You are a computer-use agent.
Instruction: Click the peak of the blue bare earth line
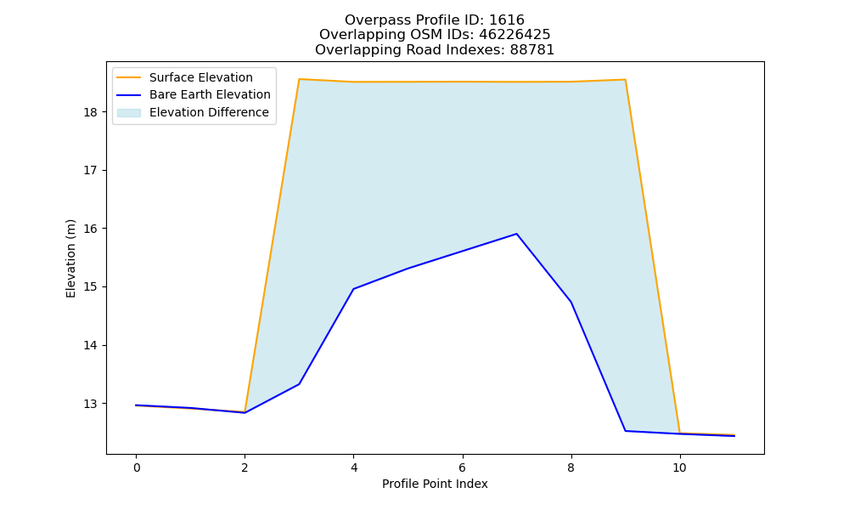pyautogui.click(x=516, y=234)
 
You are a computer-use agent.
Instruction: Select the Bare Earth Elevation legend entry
pyautogui.click(x=194, y=95)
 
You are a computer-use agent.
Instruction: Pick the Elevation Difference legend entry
pyautogui.click(x=193, y=112)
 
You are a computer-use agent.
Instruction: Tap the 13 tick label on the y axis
pyautogui.click(x=91, y=404)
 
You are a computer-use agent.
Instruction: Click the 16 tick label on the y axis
pyautogui.click(x=91, y=229)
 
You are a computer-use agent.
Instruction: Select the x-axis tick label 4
pyautogui.click(x=353, y=468)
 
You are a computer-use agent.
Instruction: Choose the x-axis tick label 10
pyautogui.click(x=679, y=468)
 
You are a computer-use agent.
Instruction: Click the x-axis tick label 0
pyautogui.click(x=137, y=468)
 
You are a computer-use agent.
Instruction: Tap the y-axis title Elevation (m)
pyautogui.click(x=70, y=258)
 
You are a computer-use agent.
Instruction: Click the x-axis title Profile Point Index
pyautogui.click(x=435, y=484)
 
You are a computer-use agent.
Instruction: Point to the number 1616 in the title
pyautogui.click(x=507, y=20)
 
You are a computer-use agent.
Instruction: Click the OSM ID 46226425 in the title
pyautogui.click(x=514, y=35)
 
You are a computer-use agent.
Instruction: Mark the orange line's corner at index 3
pyautogui.click(x=299, y=79)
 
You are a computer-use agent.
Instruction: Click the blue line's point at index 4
pyautogui.click(x=353, y=289)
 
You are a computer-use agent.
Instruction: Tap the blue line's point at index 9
pyautogui.click(x=626, y=431)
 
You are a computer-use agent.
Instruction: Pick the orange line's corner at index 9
pyautogui.click(x=626, y=80)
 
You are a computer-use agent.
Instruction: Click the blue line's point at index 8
pyautogui.click(x=571, y=302)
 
